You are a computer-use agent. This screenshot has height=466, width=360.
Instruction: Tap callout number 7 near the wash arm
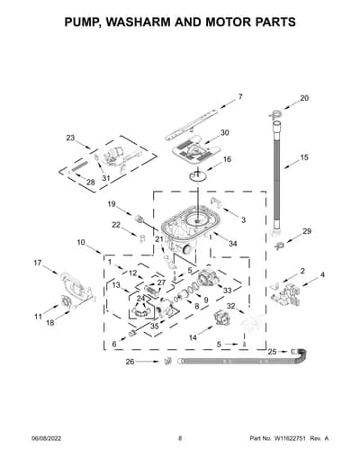pos(240,97)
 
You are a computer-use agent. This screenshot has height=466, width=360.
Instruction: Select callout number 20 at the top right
pos(304,98)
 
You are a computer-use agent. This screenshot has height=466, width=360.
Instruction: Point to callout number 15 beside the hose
pos(304,157)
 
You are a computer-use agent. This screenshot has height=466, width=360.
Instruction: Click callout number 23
pos(70,138)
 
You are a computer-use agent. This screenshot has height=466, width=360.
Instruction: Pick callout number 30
pos(225,132)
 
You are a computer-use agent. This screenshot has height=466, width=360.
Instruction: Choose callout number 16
pos(227,159)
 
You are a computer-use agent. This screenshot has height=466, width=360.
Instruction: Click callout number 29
pos(307,231)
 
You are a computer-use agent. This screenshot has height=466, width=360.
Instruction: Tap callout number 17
pos(38,263)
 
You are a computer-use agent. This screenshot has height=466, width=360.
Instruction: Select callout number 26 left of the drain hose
pos(130,362)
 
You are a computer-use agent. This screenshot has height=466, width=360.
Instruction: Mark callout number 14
pos(193,337)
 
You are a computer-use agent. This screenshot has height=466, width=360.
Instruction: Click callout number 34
pos(233,244)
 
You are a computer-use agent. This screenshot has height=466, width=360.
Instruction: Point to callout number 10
pos(81,242)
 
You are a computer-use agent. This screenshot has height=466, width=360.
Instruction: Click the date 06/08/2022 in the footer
pos(47,438)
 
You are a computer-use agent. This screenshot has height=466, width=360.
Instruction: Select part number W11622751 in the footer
pos(289,438)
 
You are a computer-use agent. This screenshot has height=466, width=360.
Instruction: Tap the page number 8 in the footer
pos(180,438)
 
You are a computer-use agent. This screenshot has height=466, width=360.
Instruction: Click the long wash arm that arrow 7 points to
pos(192,124)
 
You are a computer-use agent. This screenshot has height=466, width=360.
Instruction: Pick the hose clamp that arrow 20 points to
pos(274,114)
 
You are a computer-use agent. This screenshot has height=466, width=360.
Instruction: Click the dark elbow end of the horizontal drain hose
pos(301,356)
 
